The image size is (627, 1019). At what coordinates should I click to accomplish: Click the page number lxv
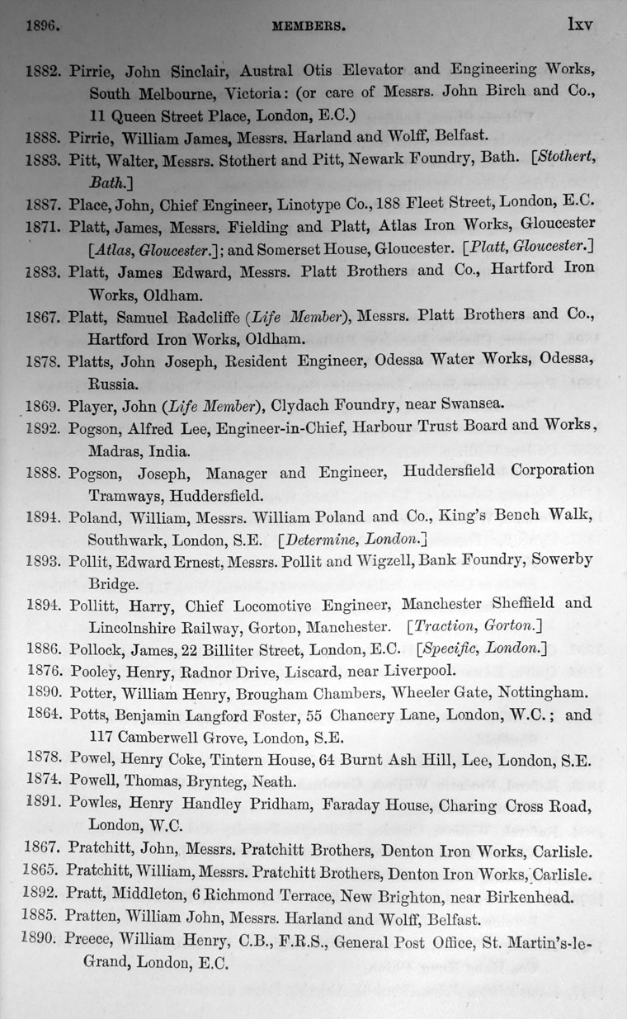click(579, 24)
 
